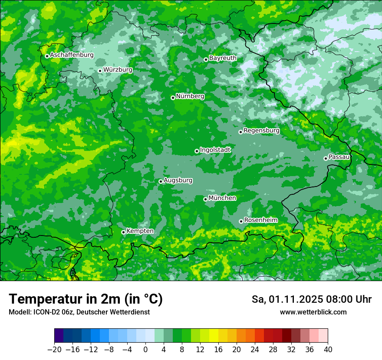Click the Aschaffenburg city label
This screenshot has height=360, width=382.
coord(72,55)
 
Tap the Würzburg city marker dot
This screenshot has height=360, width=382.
coord(100,71)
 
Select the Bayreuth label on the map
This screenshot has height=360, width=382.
coord(223,58)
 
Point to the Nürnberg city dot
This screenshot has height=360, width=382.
coord(173,98)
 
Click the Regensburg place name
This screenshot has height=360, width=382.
coord(261,131)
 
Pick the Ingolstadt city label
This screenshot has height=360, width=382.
coord(215,150)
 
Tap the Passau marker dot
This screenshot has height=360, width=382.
coord(326,158)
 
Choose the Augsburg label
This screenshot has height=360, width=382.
coord(178,180)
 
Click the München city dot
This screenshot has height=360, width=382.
coord(205,200)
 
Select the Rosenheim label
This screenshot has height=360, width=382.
coord(260,220)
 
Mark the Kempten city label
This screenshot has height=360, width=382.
coord(140,231)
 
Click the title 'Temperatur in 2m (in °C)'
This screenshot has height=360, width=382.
coord(86,299)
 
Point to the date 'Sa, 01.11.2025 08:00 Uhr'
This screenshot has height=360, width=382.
coord(311,299)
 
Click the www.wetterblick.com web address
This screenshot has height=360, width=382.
coord(313,312)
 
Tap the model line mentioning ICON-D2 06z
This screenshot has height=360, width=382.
coord(79,312)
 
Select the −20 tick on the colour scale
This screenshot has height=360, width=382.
coord(54,350)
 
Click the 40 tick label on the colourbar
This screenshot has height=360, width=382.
coord(328,350)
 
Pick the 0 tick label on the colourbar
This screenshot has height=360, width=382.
coord(145,350)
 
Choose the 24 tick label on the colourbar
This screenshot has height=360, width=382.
coord(255,350)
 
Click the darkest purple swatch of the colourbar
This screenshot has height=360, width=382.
coord(59,336)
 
